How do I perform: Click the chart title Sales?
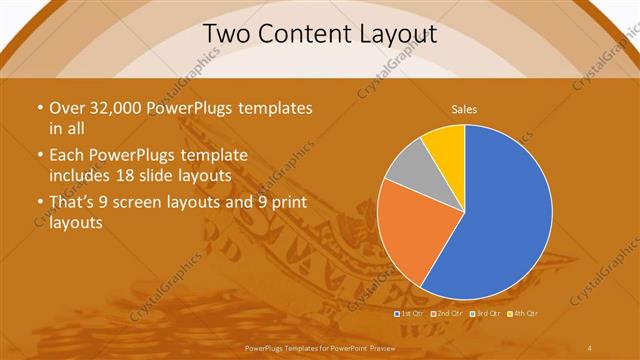pyautogui.click(x=464, y=109)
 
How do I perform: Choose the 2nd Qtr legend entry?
pyautogui.click(x=449, y=314)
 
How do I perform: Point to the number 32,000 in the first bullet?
pyautogui.click(x=113, y=108)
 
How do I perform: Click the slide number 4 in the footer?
pyautogui.click(x=590, y=347)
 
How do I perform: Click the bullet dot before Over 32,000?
pyautogui.click(x=39, y=108)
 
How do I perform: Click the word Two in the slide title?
pyautogui.click(x=225, y=34)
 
